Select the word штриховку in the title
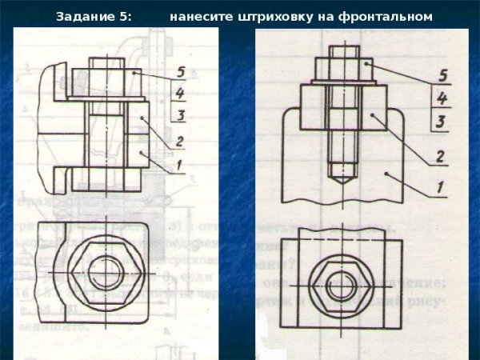click(x=278, y=16)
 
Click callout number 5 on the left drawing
click(x=182, y=73)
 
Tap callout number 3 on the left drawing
click(x=182, y=116)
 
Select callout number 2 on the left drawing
click(x=181, y=142)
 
